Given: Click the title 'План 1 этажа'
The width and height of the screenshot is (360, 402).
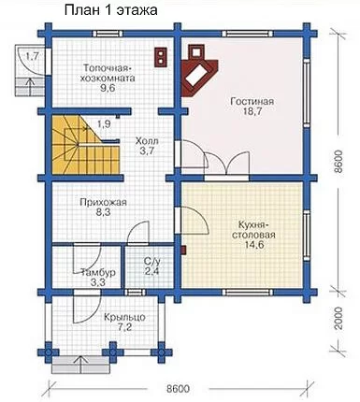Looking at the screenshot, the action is tap(110, 10).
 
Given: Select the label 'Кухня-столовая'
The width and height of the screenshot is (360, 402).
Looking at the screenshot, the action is tap(252, 229).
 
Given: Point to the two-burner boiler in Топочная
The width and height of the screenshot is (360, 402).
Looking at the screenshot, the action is tap(161, 57).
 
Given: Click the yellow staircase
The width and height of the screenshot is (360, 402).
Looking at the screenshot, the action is tap(84, 145).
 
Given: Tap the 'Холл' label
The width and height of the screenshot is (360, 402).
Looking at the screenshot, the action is tap(147, 141).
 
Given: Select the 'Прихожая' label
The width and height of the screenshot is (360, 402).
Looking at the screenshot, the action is tap(103, 203).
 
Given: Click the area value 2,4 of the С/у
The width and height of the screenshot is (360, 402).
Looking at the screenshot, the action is tap(151, 271).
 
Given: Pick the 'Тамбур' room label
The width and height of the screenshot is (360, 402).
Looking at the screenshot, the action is tap(98, 272).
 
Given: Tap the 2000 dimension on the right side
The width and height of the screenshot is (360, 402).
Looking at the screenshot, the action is tap(338, 319).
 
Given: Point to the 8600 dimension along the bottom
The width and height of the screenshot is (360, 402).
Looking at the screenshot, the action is tap(178, 389).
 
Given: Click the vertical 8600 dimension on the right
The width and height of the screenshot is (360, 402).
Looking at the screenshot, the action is tap(338, 162).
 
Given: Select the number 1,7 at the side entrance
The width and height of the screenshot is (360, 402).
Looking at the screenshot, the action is tap(32, 57).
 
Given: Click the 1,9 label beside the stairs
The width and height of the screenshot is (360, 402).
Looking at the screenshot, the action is tap(104, 124).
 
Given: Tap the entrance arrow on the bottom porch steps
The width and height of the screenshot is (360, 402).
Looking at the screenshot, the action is tap(81, 365).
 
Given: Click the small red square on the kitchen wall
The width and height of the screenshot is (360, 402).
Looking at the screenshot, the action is tap(183, 251).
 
